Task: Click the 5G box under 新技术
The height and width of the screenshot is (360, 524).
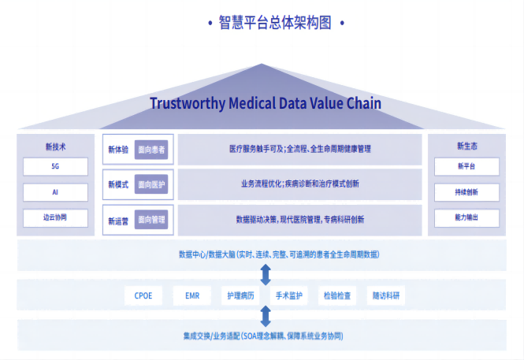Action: pyautogui.click(x=55, y=167)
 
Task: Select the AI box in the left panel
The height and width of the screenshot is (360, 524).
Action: pyautogui.click(x=55, y=192)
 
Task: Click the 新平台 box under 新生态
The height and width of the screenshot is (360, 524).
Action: pyautogui.click(x=466, y=167)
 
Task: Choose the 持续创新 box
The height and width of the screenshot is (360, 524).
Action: pyautogui.click(x=466, y=192)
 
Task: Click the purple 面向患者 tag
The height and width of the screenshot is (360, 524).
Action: pyautogui.click(x=151, y=149)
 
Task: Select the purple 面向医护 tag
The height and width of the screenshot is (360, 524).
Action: pyautogui.click(x=151, y=184)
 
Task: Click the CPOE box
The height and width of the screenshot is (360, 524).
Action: pyautogui.click(x=143, y=296)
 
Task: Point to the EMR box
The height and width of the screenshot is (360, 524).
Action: pyautogui.click(x=192, y=296)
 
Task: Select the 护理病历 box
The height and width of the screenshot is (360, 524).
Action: pyautogui.click(x=240, y=296)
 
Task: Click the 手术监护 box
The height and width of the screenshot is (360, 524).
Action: pyautogui.click(x=289, y=296)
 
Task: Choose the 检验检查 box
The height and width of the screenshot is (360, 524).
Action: pyautogui.click(x=338, y=296)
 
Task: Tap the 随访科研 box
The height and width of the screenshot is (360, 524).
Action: pyautogui.click(x=386, y=296)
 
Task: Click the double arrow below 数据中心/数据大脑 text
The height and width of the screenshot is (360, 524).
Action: pyautogui.click(x=266, y=273)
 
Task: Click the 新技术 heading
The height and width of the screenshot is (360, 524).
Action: pyautogui.click(x=55, y=147)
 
